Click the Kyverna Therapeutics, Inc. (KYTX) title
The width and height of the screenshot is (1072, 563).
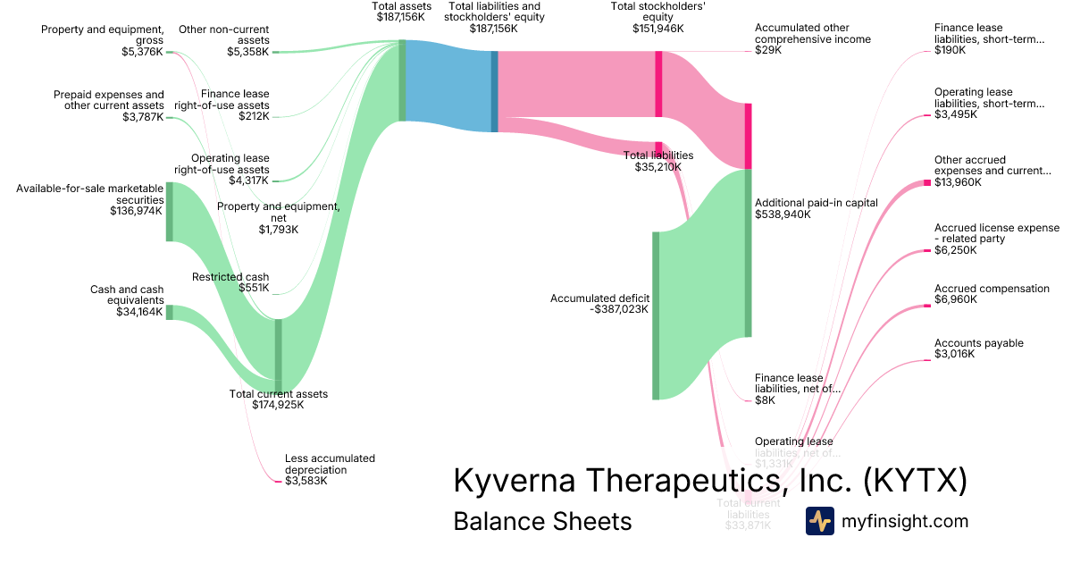(710, 480)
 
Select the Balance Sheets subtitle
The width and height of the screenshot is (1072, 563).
(542, 521)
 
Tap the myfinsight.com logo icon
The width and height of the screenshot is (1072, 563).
(819, 521)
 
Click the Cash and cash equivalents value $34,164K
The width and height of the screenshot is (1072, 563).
(139, 312)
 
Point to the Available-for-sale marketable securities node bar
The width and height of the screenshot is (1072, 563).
(169, 212)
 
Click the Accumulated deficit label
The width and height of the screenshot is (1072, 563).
(599, 298)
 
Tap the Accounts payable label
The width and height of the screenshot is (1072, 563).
(979, 343)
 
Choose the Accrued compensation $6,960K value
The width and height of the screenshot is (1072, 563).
(956, 299)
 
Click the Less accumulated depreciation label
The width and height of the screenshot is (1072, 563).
(330, 464)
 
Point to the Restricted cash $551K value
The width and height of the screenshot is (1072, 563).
(254, 288)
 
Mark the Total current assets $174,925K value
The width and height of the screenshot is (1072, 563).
(279, 405)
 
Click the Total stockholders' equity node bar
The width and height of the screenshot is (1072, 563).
(658, 84)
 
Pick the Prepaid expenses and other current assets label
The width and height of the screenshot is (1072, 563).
(109, 99)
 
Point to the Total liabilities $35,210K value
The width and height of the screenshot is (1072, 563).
(658, 166)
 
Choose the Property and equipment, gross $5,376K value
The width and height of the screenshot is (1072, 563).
(142, 52)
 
